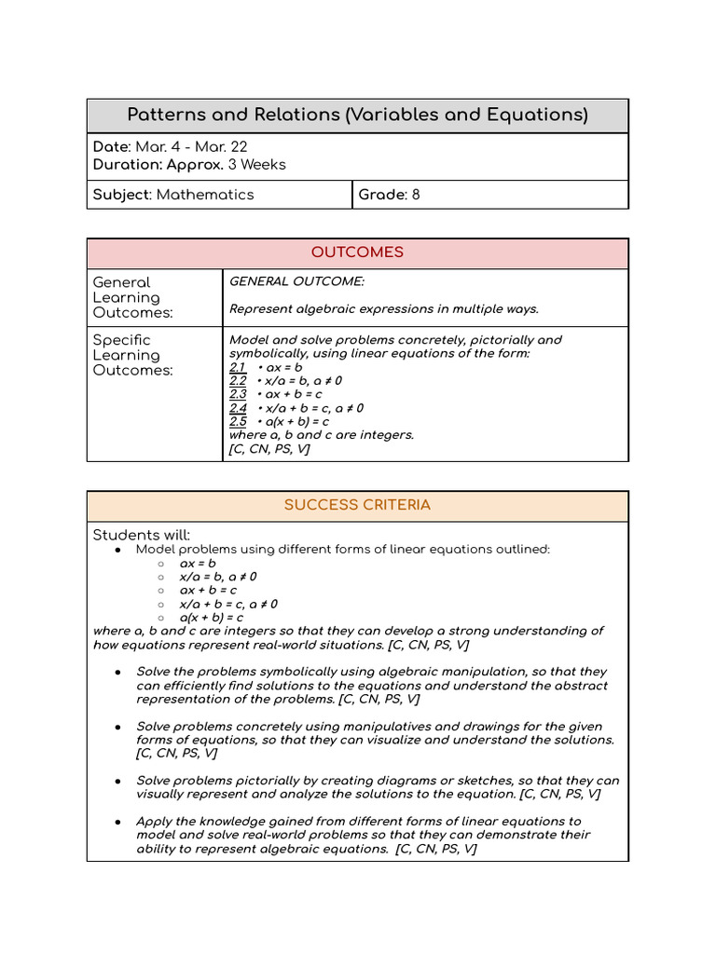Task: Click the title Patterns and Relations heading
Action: point(357,115)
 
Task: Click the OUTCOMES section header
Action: point(357,252)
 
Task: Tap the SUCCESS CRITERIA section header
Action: point(357,505)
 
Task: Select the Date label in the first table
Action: point(111,147)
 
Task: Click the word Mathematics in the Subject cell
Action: point(205,195)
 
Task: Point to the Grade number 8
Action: point(415,195)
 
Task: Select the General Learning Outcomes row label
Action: point(133,297)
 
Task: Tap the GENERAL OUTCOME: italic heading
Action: point(283,280)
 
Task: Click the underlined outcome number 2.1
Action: point(238,367)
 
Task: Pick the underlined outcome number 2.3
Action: point(238,394)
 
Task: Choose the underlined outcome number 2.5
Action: point(238,421)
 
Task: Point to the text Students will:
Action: point(141,535)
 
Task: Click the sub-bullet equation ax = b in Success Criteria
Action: point(198,563)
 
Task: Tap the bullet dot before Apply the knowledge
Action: point(117,822)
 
